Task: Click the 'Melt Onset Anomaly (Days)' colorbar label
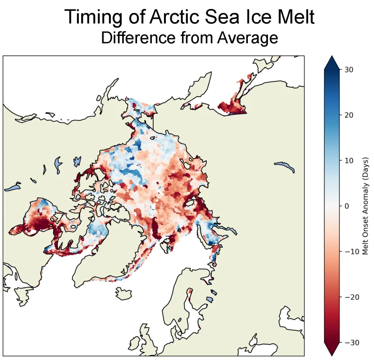pos(365,206)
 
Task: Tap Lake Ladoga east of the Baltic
pos(209,299)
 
